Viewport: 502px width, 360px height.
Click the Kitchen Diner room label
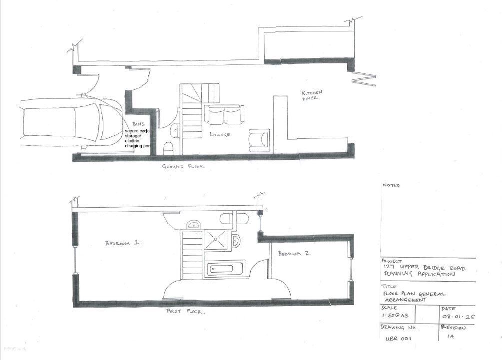point(312,95)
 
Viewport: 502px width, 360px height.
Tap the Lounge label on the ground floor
point(219,134)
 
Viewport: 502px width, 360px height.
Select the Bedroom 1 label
point(123,243)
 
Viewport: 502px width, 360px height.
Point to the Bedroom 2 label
point(294,254)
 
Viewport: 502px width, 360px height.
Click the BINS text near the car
point(138,124)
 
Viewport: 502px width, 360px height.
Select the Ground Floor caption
point(183,167)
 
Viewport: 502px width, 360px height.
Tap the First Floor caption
point(185,311)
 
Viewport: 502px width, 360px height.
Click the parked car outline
point(70,122)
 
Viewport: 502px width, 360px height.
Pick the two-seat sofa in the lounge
point(224,115)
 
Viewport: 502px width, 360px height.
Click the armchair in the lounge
point(259,140)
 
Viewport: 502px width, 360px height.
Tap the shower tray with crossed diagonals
point(217,238)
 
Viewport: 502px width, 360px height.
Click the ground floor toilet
point(169,148)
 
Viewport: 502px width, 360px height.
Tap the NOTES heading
point(391,185)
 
